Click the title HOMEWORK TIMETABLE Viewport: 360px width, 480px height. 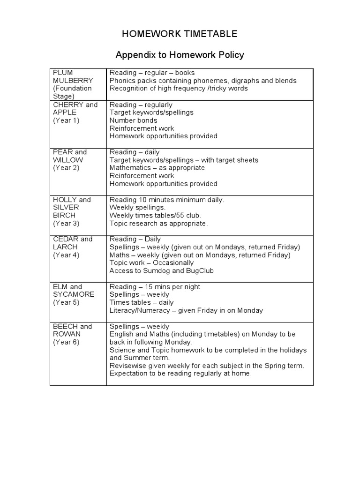(x=180, y=34)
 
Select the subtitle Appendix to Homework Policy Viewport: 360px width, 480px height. (x=180, y=55)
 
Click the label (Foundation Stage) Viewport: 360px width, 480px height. (x=72, y=92)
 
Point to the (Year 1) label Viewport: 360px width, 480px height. (x=66, y=120)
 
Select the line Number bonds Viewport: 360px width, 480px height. (x=133, y=120)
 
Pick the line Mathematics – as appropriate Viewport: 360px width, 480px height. (x=157, y=168)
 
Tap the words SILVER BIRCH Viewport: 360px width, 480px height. (x=66, y=211)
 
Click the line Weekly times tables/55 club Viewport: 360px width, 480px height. (x=155, y=215)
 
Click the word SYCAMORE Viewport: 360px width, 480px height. (x=74, y=294)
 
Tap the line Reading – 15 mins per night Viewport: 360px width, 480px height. (x=155, y=286)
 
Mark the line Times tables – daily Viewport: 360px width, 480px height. (x=142, y=302)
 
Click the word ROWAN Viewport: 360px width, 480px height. (x=67, y=334)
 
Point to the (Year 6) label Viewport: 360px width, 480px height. (x=66, y=342)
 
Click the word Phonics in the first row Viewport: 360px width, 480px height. (x=122, y=81)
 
